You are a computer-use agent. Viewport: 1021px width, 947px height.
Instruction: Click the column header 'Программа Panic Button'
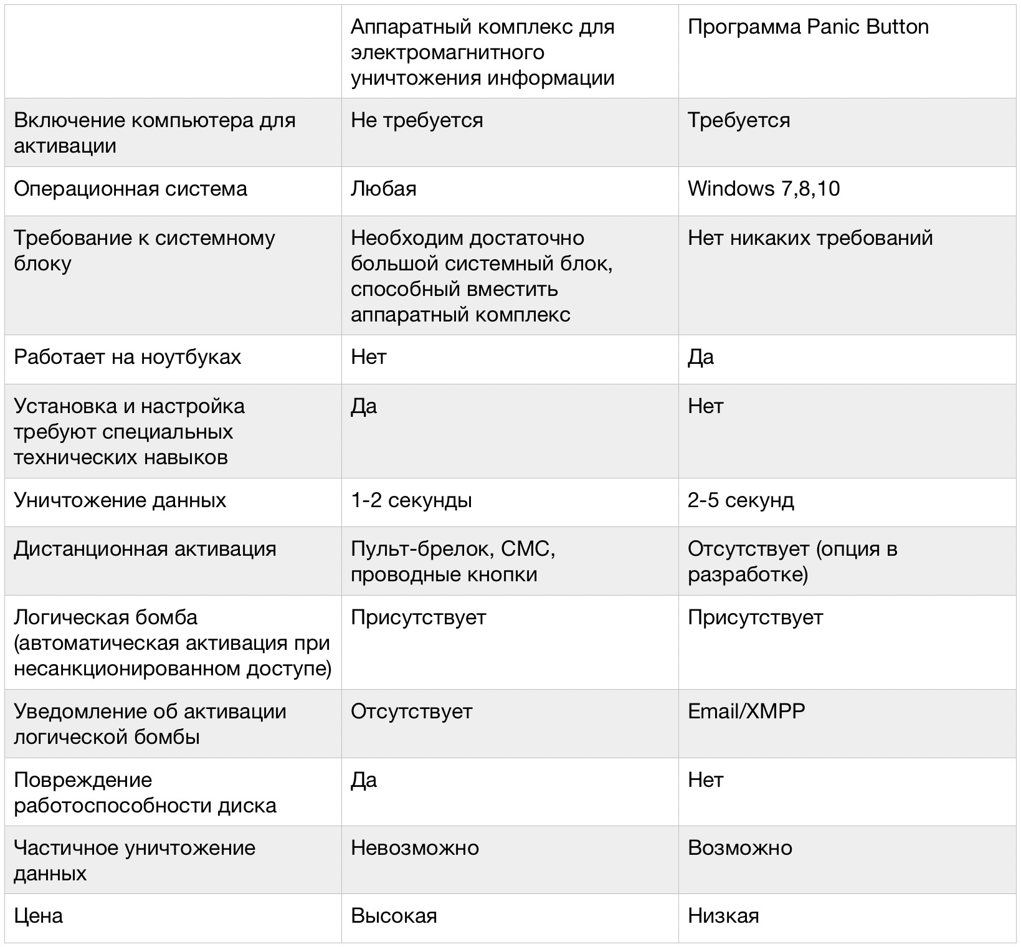tap(808, 27)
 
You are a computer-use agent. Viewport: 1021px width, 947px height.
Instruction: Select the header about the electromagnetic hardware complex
tap(483, 52)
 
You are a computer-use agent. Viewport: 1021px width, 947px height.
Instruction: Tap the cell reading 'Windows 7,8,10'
tap(764, 189)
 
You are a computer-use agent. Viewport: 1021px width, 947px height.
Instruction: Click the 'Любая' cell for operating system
tap(384, 189)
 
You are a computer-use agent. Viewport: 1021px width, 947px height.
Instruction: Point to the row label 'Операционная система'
tap(131, 189)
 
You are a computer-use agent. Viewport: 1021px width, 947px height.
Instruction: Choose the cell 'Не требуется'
tap(417, 120)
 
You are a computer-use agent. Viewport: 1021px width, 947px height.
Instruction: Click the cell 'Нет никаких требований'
tap(810, 238)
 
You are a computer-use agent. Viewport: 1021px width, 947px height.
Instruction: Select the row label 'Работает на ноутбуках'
tap(128, 357)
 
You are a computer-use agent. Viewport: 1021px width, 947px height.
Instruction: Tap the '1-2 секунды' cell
tap(411, 500)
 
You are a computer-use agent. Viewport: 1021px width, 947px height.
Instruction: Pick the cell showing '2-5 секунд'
tap(741, 500)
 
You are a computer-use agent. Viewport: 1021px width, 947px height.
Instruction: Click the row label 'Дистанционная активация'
tap(145, 549)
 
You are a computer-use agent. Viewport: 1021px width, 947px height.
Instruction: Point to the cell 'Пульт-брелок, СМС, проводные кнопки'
tap(453, 561)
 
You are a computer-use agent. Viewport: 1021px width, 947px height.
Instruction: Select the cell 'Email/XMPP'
tap(746, 711)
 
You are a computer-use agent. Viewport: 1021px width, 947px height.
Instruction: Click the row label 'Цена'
tap(39, 916)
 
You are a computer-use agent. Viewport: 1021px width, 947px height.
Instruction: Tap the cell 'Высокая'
tap(394, 916)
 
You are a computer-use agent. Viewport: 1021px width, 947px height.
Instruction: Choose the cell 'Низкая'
tap(723, 916)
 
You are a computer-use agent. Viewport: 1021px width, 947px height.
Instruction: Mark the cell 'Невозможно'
tap(415, 848)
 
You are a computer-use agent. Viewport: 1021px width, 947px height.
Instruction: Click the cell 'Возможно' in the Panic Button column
tap(740, 848)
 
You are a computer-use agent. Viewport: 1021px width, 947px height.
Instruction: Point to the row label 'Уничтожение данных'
tap(120, 500)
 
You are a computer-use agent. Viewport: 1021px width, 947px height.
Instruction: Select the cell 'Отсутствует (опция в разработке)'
tap(792, 561)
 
